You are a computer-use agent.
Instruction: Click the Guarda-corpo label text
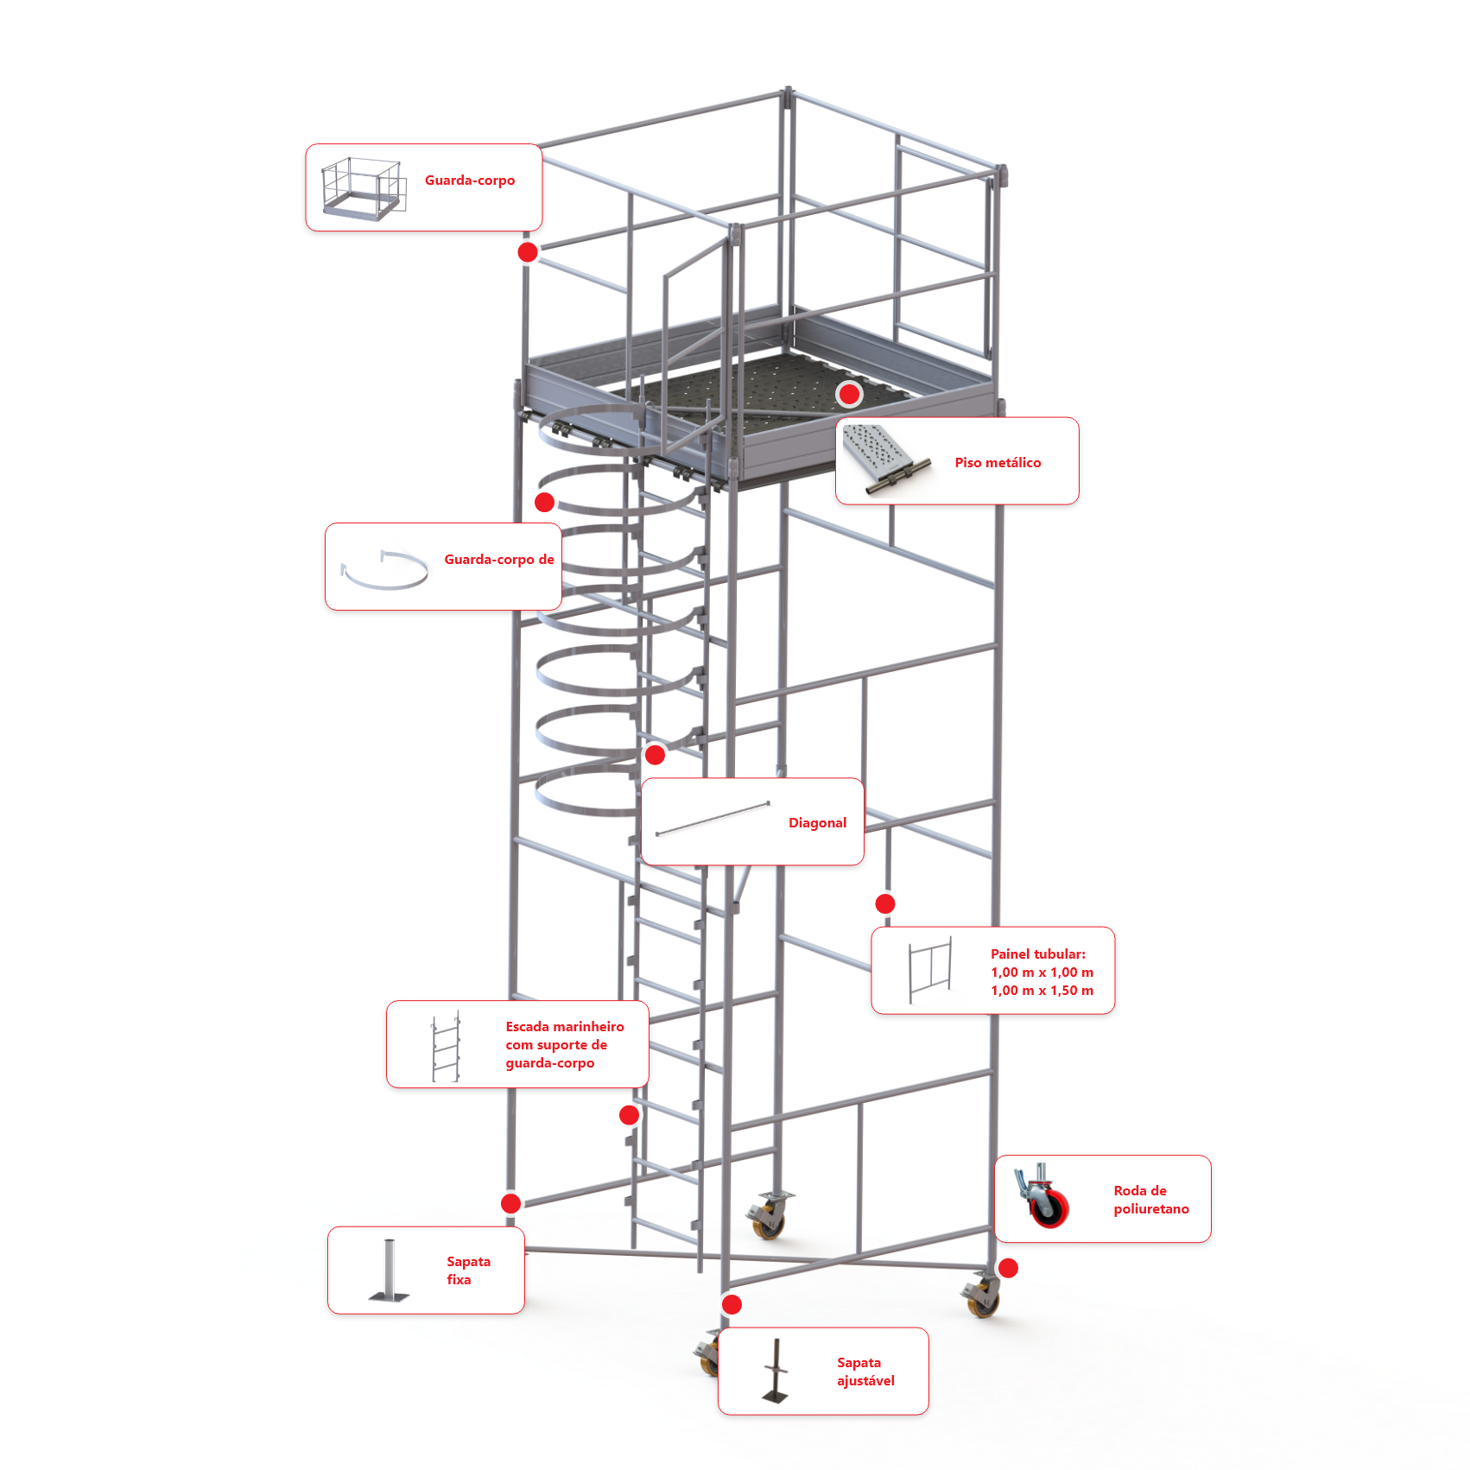pos(470,181)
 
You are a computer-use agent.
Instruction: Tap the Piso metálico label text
pos(998,463)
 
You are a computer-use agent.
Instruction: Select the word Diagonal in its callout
pos(817,823)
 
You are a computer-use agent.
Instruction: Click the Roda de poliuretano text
pos(1150,1200)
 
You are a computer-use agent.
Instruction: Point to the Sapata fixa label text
pos(468,1270)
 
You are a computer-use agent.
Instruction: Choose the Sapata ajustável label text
pos(865,1372)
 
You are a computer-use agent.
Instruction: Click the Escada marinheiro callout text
pos(565,1045)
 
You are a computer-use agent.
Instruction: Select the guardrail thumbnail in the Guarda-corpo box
pos(364,187)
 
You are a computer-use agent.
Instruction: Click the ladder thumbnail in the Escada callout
pos(446,1046)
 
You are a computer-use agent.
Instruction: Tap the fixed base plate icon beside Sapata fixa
pos(390,1270)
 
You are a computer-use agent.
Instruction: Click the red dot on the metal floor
pos(850,395)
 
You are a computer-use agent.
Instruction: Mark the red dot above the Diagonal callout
pos(656,755)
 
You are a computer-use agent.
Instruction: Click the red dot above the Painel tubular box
pos(885,903)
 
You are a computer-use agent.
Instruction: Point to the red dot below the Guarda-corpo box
pos(528,252)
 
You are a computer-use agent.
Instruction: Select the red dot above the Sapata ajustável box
pos(732,1304)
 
